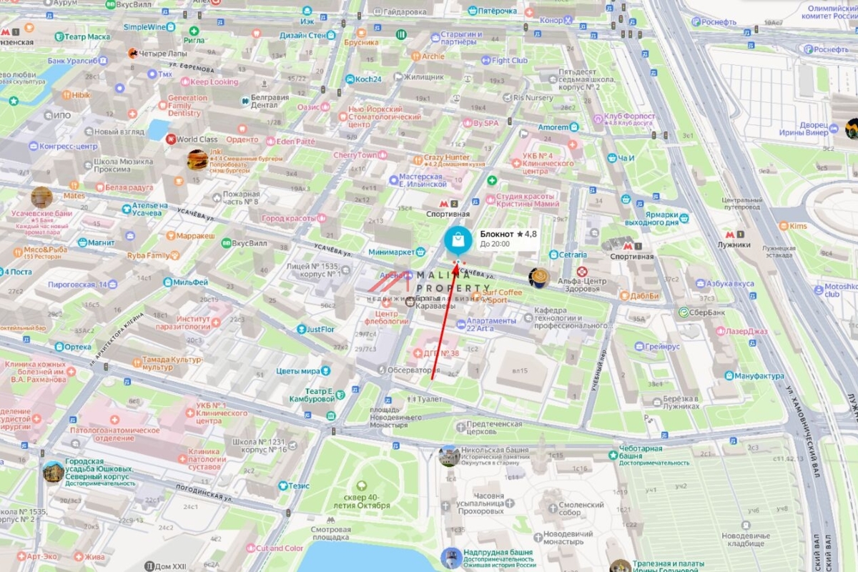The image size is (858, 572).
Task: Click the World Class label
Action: [x=197, y=139]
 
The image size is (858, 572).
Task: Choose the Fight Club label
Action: [x=509, y=61]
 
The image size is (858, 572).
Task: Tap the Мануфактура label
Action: [x=759, y=376]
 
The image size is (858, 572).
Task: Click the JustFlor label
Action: [x=320, y=330]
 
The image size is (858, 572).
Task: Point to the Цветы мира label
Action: [x=298, y=371]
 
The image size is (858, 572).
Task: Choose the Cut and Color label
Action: [x=279, y=548]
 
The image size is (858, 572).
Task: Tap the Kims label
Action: [x=797, y=226]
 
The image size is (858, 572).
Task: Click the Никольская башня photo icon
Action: [x=449, y=455]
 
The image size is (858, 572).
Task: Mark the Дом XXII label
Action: [x=169, y=566]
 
